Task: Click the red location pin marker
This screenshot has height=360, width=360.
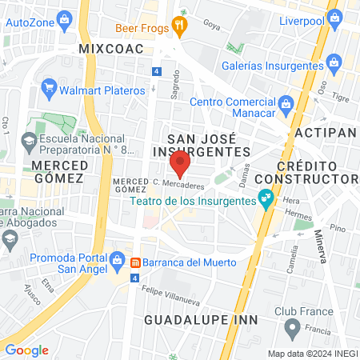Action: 180,163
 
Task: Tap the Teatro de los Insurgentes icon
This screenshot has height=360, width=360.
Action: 265,196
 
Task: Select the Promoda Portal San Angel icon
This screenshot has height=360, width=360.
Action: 118,259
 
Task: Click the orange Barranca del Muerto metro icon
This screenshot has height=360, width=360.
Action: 136,262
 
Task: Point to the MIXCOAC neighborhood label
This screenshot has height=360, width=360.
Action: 110,49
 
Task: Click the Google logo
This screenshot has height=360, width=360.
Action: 26,350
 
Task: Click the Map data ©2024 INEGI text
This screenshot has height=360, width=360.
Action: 311,354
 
